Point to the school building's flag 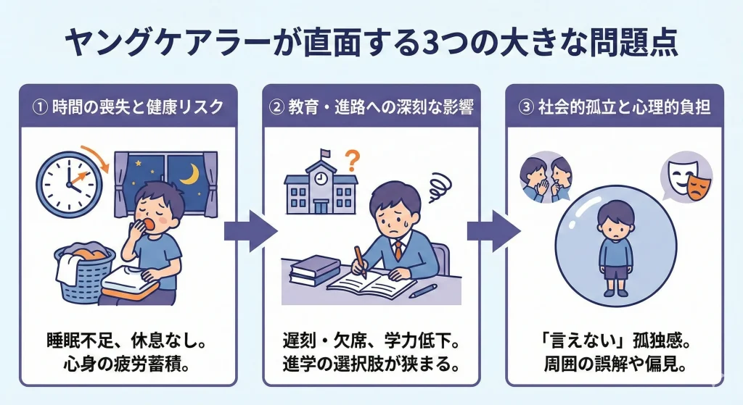click(325, 153)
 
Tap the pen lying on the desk click(423, 291)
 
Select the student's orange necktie click(398, 249)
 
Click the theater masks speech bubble click(686, 180)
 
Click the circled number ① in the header click(41, 107)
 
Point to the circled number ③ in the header click(527, 107)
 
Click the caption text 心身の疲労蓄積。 click(128, 362)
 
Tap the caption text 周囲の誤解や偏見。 click(615, 362)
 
